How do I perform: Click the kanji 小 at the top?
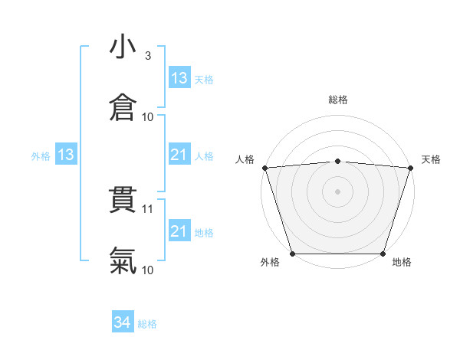click(123, 47)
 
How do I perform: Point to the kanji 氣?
click(123, 261)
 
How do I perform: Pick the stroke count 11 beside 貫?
click(148, 208)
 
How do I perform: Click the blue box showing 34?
click(123, 323)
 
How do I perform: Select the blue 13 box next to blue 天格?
click(179, 78)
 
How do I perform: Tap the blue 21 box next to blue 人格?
click(179, 155)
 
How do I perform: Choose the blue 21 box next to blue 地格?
click(179, 231)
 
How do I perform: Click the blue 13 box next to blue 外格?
click(65, 155)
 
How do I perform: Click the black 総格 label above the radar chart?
click(338, 100)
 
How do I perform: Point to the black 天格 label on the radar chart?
click(431, 159)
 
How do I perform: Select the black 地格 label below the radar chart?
click(402, 263)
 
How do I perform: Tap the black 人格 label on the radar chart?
click(245, 159)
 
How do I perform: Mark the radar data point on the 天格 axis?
click(410, 168)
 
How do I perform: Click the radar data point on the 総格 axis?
click(338, 161)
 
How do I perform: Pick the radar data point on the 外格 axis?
click(293, 254)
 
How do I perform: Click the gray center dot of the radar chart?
click(338, 191)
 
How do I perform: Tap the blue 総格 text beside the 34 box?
click(147, 324)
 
